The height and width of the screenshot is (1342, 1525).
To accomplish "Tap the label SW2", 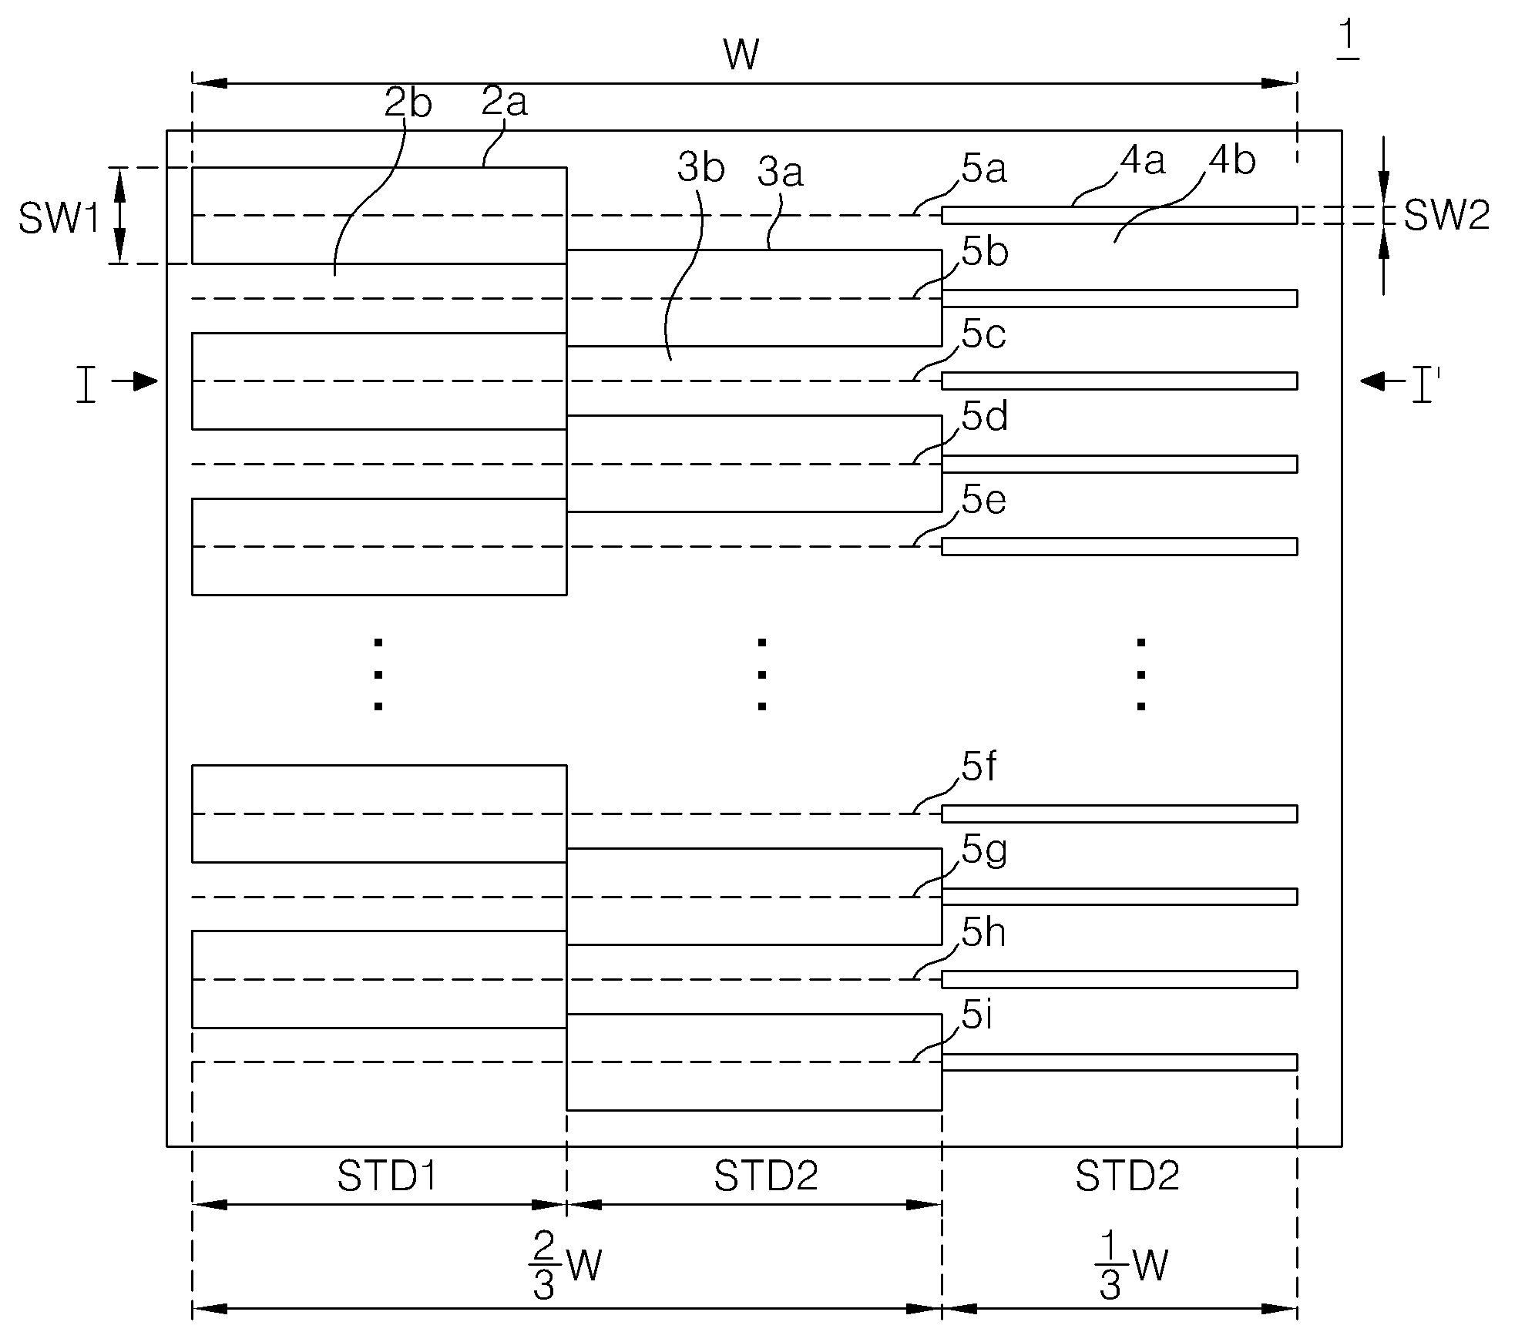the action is pos(1446,216).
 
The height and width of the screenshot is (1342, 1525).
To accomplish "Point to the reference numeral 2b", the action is pos(408,104).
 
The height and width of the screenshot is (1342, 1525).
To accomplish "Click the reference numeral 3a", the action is pos(781,173).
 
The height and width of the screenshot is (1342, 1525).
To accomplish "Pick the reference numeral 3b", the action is pos(701,168).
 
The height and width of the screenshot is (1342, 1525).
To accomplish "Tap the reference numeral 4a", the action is pos(1143,161).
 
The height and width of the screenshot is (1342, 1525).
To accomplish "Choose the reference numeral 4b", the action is pos(1233,161).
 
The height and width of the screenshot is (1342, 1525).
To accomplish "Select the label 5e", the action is pos(984,501).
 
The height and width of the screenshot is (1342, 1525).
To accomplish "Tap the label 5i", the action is pos(976,1017).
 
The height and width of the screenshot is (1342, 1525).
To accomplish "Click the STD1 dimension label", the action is pos(388,1176).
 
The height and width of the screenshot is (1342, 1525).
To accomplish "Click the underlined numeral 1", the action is pos(1347,39).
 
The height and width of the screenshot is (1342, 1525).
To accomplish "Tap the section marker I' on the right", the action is pos(1422,385).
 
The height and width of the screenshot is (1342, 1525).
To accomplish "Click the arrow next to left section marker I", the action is pos(135,381).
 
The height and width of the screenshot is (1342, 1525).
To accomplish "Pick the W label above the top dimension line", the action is pos(741,55).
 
